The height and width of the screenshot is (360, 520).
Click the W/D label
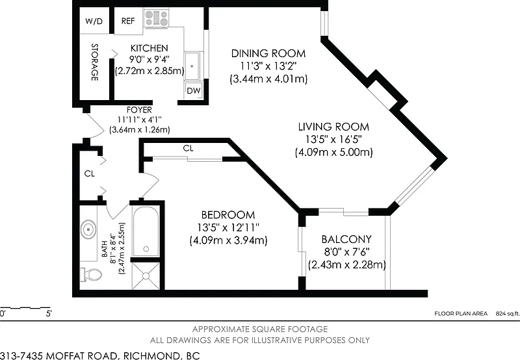(x=94, y=21)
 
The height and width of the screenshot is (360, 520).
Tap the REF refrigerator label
(x=128, y=21)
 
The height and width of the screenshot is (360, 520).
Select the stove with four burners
(x=156, y=18)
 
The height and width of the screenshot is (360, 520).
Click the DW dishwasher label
(x=193, y=90)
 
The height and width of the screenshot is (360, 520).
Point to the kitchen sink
(x=192, y=66)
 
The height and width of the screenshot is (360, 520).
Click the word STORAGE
(x=95, y=62)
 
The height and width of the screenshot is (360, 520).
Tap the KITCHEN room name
(x=149, y=48)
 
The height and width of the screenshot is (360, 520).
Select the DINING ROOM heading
(x=268, y=53)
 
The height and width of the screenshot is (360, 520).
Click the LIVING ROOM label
(x=333, y=127)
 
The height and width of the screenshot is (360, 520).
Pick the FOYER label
(x=139, y=110)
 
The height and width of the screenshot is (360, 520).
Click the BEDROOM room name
(x=228, y=215)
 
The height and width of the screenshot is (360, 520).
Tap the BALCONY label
(x=346, y=239)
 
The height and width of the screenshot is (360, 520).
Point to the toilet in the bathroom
(x=91, y=275)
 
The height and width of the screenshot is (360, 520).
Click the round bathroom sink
(x=88, y=229)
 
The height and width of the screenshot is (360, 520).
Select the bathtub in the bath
(x=146, y=231)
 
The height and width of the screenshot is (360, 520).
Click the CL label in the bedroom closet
(x=188, y=149)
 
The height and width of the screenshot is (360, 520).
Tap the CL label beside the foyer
(x=90, y=174)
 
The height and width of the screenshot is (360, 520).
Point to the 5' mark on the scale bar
(x=49, y=313)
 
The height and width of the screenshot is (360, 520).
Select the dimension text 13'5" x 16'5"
(x=333, y=139)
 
